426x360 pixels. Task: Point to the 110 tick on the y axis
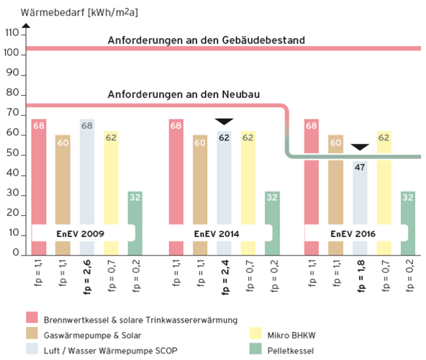(12, 34)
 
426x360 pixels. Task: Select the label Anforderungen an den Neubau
(183, 94)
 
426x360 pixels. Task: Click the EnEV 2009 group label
(82, 233)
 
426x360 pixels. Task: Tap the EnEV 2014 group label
(219, 233)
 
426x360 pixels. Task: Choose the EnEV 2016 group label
(353, 233)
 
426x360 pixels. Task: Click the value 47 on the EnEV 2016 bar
(361, 167)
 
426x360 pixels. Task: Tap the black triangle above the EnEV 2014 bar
(225, 121)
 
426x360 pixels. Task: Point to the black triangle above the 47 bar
(360, 148)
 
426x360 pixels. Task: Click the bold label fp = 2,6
(87, 276)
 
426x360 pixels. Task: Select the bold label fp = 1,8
(361, 276)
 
